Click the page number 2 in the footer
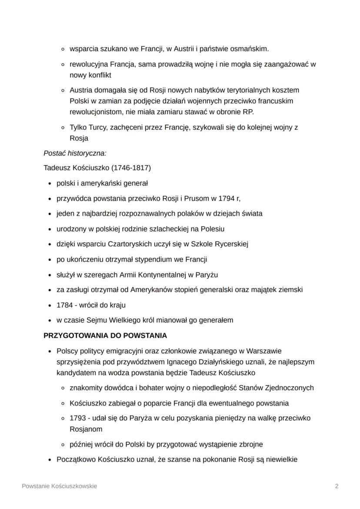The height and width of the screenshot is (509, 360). point(337,486)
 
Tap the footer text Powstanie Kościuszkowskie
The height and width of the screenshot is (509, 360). point(60,486)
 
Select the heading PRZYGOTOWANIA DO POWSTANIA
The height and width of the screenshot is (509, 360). point(105,336)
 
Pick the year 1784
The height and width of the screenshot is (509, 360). point(65,305)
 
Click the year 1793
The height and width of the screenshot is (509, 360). point(78,418)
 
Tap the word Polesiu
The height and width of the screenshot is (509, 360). point(211,229)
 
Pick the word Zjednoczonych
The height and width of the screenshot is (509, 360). point(289,388)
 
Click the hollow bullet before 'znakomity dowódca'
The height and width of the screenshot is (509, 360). point(63,388)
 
